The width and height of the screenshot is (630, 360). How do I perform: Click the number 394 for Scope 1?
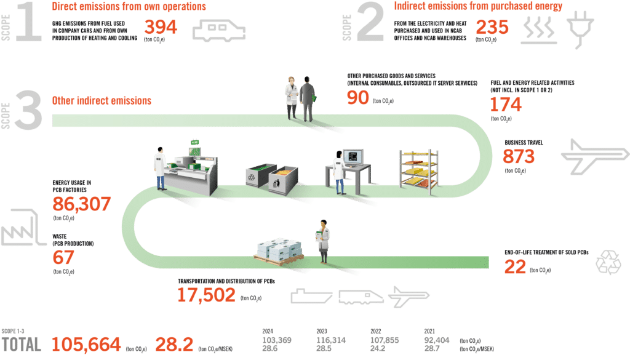(x=161, y=27)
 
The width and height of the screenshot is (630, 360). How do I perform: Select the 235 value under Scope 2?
(x=493, y=27)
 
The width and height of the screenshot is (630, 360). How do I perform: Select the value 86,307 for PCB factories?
(x=81, y=204)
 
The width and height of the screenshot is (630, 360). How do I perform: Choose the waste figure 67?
(x=63, y=256)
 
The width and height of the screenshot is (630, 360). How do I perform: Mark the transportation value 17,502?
(x=206, y=295)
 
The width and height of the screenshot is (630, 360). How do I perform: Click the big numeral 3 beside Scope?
(x=28, y=111)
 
